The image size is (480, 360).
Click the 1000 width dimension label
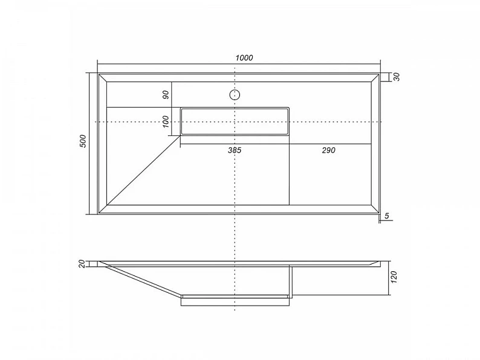click(244, 58)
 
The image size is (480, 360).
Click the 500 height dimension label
click(83, 141)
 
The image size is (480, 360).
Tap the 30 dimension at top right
click(397, 77)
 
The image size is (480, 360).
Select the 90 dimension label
click(166, 95)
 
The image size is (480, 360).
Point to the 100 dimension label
click(166, 122)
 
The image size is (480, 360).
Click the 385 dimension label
click(235, 150)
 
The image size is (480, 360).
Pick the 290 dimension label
click(328, 150)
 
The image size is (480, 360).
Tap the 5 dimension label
click(387, 216)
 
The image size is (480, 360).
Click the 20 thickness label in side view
click(82, 264)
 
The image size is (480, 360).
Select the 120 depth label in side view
click(394, 277)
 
